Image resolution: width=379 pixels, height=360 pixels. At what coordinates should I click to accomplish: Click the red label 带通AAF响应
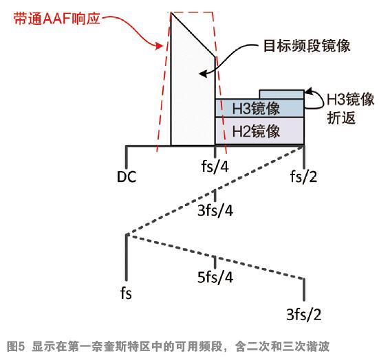click(57, 19)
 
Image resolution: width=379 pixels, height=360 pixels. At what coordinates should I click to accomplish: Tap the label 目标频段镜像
click(307, 45)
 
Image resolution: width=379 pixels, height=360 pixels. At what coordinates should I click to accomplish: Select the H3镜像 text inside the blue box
click(256, 108)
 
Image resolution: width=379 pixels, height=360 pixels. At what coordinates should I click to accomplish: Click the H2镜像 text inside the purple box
click(256, 131)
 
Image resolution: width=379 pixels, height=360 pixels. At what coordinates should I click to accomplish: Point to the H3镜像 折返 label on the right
click(351, 109)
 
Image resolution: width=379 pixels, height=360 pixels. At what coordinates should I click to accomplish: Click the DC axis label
click(127, 177)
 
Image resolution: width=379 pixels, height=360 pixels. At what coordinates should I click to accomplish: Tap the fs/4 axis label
click(215, 166)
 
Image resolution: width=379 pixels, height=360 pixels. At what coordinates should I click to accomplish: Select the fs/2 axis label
click(303, 177)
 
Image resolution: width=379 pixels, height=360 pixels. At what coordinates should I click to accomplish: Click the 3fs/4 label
click(215, 210)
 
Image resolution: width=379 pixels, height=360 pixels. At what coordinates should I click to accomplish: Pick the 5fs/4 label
click(215, 277)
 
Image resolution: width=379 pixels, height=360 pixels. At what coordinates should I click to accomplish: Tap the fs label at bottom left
click(126, 293)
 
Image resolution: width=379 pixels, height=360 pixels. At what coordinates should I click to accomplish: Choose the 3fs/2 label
click(304, 315)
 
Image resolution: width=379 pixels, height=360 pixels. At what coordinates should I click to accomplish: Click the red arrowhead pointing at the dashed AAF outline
click(159, 45)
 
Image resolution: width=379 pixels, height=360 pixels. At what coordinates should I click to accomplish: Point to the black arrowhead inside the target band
click(202, 74)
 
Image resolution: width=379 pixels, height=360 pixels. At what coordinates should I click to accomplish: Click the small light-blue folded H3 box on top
click(281, 94)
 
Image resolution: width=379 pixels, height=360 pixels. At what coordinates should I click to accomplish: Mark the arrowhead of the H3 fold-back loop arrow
click(308, 91)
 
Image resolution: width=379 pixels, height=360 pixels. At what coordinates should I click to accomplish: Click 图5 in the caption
click(16, 346)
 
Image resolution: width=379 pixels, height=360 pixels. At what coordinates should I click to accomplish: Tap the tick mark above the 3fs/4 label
click(215, 196)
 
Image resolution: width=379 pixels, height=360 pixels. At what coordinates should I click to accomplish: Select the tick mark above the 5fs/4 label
click(215, 262)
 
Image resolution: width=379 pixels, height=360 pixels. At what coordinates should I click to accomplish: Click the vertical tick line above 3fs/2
click(304, 290)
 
